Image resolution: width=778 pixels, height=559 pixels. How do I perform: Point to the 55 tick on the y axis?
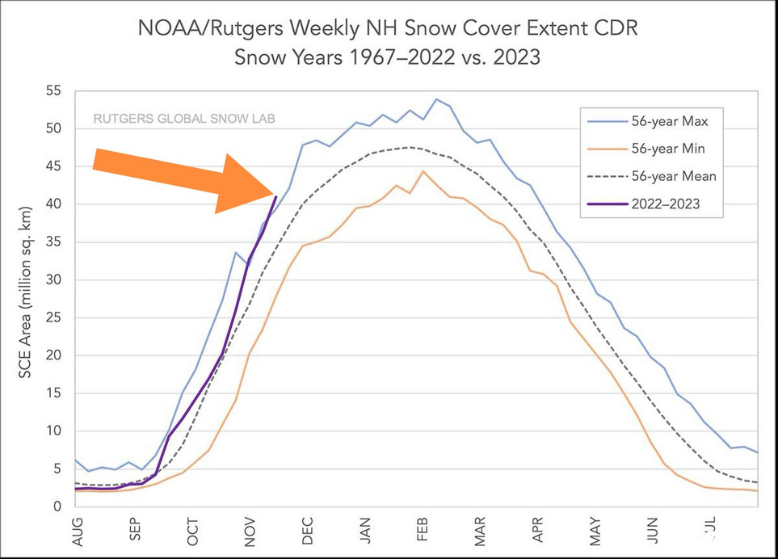[x=54, y=91]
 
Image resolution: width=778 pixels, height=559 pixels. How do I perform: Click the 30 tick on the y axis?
[x=54, y=280]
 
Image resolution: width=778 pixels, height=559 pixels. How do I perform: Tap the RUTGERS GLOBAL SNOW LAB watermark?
[x=184, y=118]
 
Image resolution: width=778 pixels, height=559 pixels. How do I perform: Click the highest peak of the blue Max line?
[x=436, y=99]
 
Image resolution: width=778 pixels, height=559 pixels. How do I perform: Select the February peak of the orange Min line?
[x=423, y=171]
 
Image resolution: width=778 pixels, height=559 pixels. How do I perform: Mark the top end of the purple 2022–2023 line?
[x=276, y=196]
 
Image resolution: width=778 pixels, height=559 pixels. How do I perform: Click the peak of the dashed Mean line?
[x=410, y=147]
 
